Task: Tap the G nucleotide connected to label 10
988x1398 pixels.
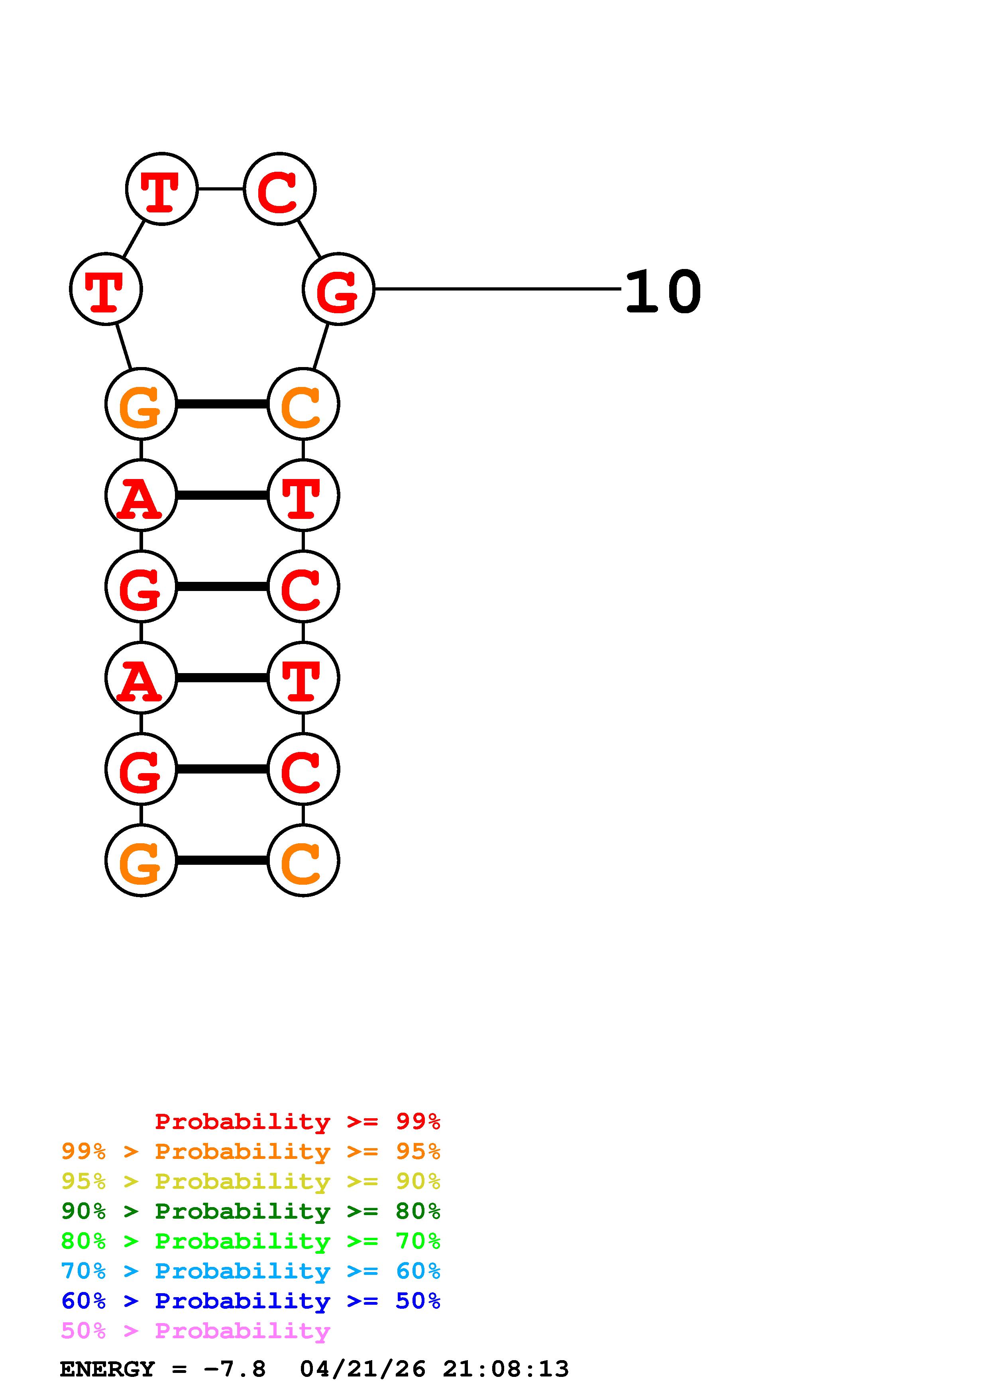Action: (338, 289)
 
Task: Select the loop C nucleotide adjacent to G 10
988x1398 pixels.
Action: (279, 189)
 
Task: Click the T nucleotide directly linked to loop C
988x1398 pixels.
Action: (161, 189)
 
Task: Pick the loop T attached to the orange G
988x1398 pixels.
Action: (106, 289)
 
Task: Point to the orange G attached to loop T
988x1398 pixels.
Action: (141, 404)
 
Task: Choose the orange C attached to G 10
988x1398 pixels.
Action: (302, 404)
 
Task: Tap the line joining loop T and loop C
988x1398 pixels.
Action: (220, 189)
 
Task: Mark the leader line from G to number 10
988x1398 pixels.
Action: (496, 289)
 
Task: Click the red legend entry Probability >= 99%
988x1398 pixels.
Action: (297, 1121)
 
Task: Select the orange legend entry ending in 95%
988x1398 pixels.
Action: (250, 1151)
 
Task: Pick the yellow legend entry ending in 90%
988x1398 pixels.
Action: (250, 1181)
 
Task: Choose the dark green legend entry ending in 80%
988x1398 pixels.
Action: (250, 1211)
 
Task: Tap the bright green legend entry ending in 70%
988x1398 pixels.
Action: (250, 1241)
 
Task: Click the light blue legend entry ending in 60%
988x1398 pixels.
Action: (250, 1271)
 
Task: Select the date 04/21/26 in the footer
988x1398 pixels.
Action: (362, 1369)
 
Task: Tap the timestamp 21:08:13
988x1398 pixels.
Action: (505, 1369)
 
